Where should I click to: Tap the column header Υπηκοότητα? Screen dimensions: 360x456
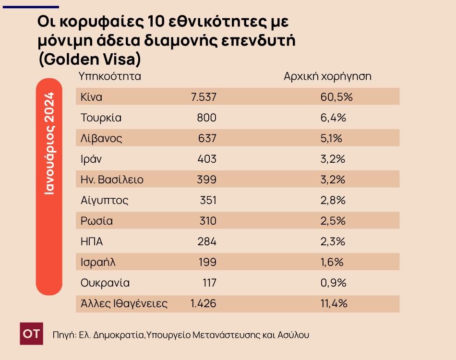pos(110,76)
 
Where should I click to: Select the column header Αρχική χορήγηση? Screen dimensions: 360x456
pos(328,76)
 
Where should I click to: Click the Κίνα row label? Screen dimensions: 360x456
pos(92,97)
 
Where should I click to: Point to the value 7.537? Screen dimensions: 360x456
pos(204,97)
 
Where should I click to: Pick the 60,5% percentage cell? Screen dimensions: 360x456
pos(336,97)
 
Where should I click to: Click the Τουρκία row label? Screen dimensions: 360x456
pos(101,118)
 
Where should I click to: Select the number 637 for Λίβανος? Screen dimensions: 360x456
pos(207,139)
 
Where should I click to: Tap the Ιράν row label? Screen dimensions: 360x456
pos(91,159)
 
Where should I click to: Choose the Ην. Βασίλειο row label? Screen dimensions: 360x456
pos(112,180)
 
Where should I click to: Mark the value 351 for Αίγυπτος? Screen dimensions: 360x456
pos(207,201)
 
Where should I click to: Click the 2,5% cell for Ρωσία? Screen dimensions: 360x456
pos(333,221)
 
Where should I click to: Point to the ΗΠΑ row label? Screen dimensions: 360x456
pos(92,242)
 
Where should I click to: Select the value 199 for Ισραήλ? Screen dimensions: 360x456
pos(207,263)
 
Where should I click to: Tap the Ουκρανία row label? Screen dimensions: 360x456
pos(105,283)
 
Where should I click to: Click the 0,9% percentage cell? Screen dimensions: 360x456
pos(333,283)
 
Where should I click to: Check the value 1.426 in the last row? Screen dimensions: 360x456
pos(204,303)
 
